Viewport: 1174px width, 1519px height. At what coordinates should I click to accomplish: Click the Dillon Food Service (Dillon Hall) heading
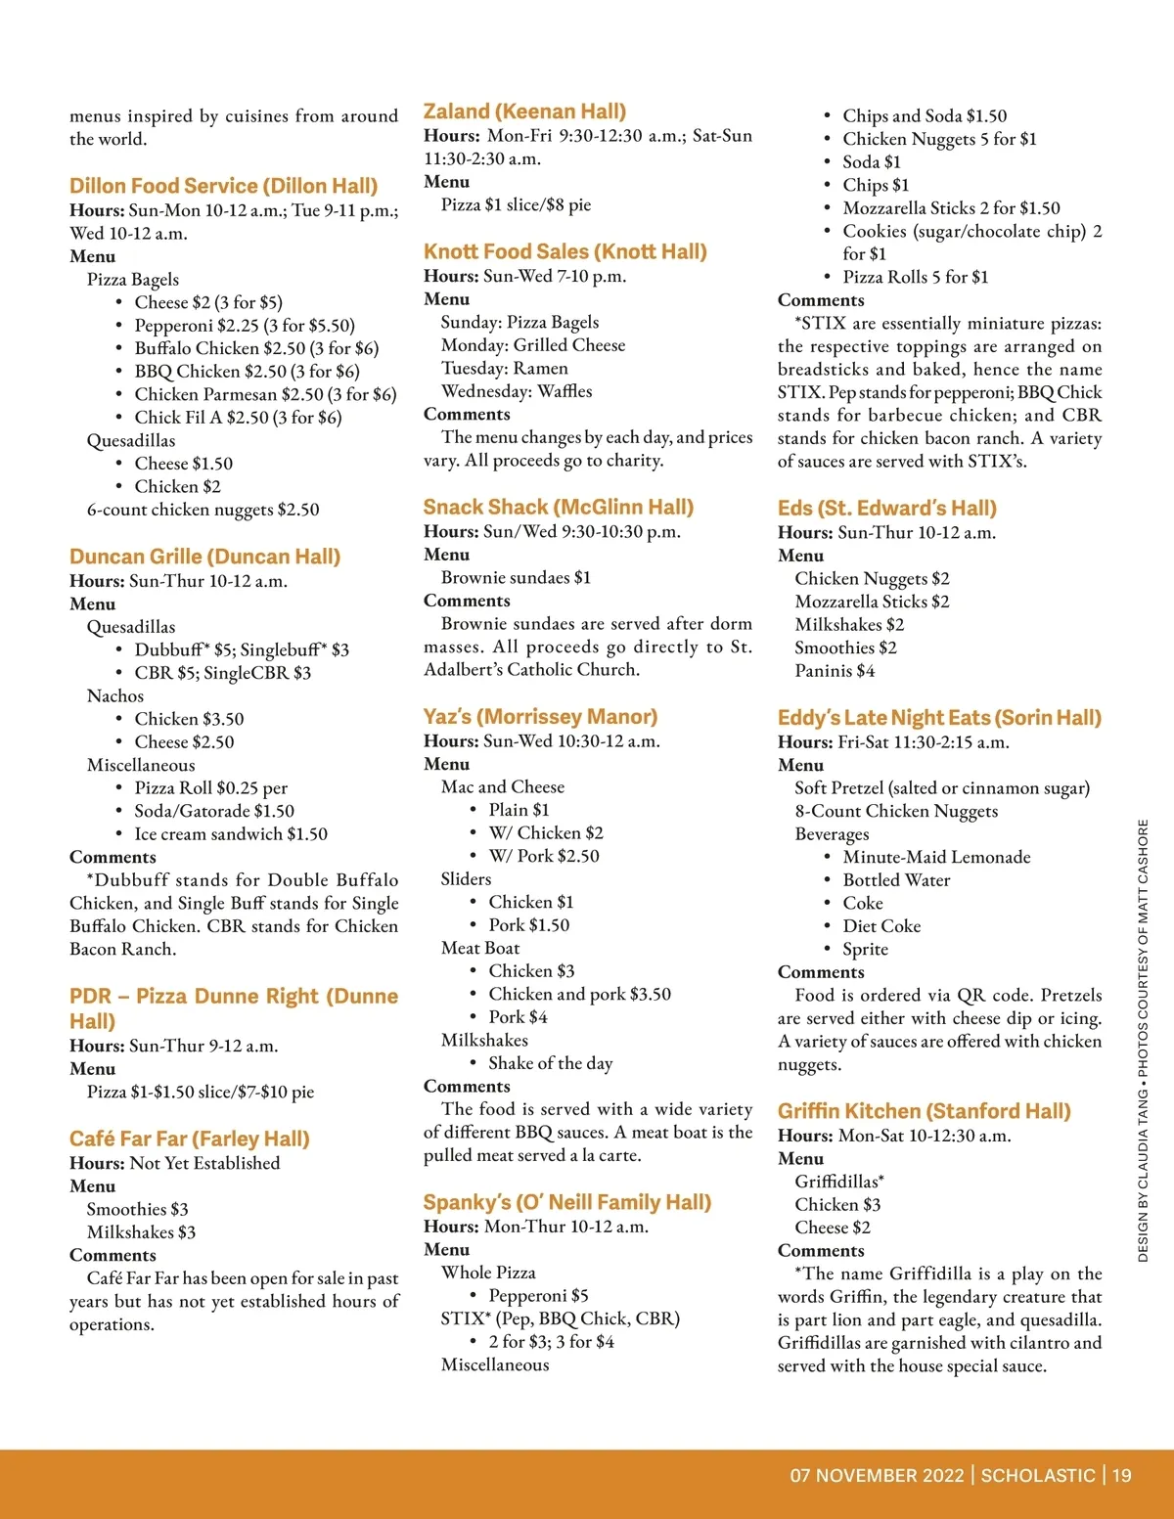(223, 186)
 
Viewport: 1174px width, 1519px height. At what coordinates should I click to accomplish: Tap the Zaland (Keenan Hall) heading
(524, 112)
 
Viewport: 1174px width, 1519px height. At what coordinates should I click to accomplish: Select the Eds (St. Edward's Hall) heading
(886, 508)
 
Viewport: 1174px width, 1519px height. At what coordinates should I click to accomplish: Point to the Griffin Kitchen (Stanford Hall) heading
(924, 1111)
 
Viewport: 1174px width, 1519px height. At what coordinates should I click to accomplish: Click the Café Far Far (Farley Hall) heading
(189, 1139)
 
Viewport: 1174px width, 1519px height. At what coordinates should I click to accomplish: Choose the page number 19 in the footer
(1121, 1475)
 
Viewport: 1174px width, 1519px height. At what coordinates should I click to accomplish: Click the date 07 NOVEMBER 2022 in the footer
(877, 1475)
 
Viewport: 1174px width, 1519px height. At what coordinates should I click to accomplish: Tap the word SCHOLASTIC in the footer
(1037, 1475)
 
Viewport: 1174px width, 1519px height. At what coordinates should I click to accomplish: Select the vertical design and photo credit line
(1143, 1040)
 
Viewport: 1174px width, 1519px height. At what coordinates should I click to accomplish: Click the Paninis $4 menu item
(835, 671)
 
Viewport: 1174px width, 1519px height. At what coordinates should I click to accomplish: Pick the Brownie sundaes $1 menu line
(516, 578)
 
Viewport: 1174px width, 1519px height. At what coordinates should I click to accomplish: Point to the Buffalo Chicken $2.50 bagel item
(256, 348)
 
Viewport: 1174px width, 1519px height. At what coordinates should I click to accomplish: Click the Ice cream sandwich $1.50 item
(231, 834)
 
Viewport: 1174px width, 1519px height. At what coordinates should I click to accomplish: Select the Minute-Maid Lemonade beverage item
(936, 857)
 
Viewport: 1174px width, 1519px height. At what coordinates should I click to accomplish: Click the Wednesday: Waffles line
(517, 391)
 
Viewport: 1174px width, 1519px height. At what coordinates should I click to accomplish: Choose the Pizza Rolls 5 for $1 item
(915, 277)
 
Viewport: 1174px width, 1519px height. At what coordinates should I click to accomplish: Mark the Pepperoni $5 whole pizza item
(538, 1295)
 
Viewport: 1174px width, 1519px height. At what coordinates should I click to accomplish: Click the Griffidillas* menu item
(839, 1182)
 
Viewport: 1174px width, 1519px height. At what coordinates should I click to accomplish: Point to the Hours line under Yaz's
(542, 740)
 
